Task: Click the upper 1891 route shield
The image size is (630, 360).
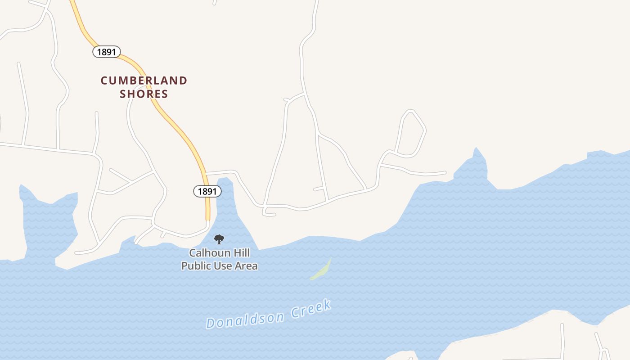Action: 107,52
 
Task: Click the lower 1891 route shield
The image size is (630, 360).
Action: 207,191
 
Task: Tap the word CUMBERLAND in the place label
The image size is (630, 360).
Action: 144,81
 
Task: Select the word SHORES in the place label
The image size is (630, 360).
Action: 144,94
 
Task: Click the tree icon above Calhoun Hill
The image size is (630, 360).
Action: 219,239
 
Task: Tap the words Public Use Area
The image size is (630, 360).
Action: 220,266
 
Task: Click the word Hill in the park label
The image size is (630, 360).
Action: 241,253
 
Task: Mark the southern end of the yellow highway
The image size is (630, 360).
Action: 208,218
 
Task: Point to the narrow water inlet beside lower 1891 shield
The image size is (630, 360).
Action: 225,198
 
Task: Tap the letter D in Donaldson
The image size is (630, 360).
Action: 210,323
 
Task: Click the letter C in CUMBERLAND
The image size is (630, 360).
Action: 104,81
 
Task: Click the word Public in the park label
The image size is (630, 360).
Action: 194,266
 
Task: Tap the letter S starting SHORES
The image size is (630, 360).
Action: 122,94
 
